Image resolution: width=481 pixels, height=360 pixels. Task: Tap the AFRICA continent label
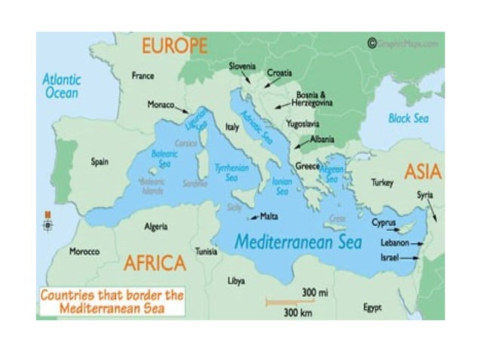[155, 263]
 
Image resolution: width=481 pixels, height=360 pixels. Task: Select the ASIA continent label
[422, 172]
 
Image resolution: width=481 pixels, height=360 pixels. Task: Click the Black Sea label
[408, 118]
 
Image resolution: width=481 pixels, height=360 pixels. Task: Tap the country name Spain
[99, 161]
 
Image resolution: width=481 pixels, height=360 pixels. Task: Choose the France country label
[142, 76]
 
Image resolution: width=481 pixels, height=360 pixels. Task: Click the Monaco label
[161, 105]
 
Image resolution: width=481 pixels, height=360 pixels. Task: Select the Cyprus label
[383, 222]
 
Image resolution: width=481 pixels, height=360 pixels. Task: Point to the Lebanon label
[395, 243]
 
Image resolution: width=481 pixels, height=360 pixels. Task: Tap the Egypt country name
[372, 307]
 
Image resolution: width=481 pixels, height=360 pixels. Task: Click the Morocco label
[84, 252]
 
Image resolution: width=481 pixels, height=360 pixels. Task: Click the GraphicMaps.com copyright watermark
[403, 44]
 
